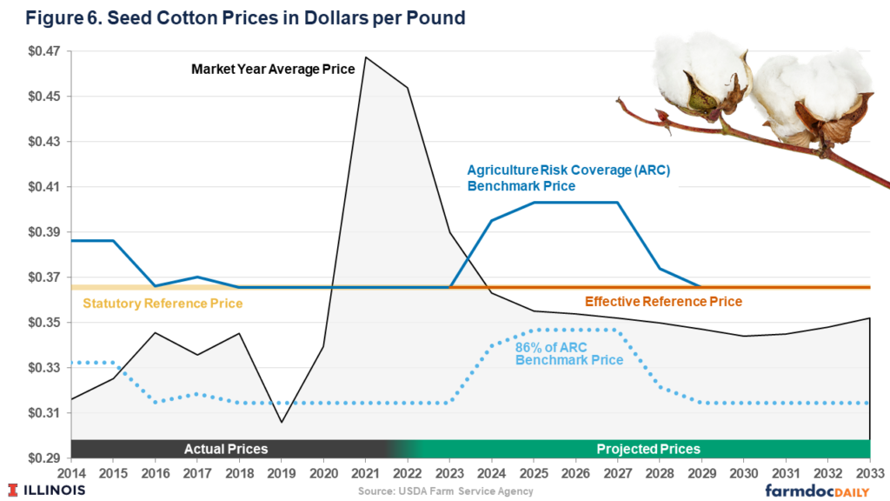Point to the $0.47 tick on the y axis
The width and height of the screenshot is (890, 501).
36,51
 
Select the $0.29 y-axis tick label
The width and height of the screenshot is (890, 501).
36,458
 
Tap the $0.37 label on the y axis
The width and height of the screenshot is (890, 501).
36,277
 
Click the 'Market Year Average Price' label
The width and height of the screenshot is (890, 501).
272,69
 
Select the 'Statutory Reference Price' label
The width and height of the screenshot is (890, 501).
163,304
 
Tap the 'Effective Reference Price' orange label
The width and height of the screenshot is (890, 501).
663,302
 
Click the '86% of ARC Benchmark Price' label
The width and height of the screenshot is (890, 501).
569,353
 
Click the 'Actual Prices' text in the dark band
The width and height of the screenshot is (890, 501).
226,449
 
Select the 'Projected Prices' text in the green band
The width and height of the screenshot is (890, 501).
648,449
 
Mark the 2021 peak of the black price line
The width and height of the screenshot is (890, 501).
365,57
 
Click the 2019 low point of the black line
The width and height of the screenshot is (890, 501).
281,423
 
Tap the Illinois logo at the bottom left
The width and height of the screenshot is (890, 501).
47,490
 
